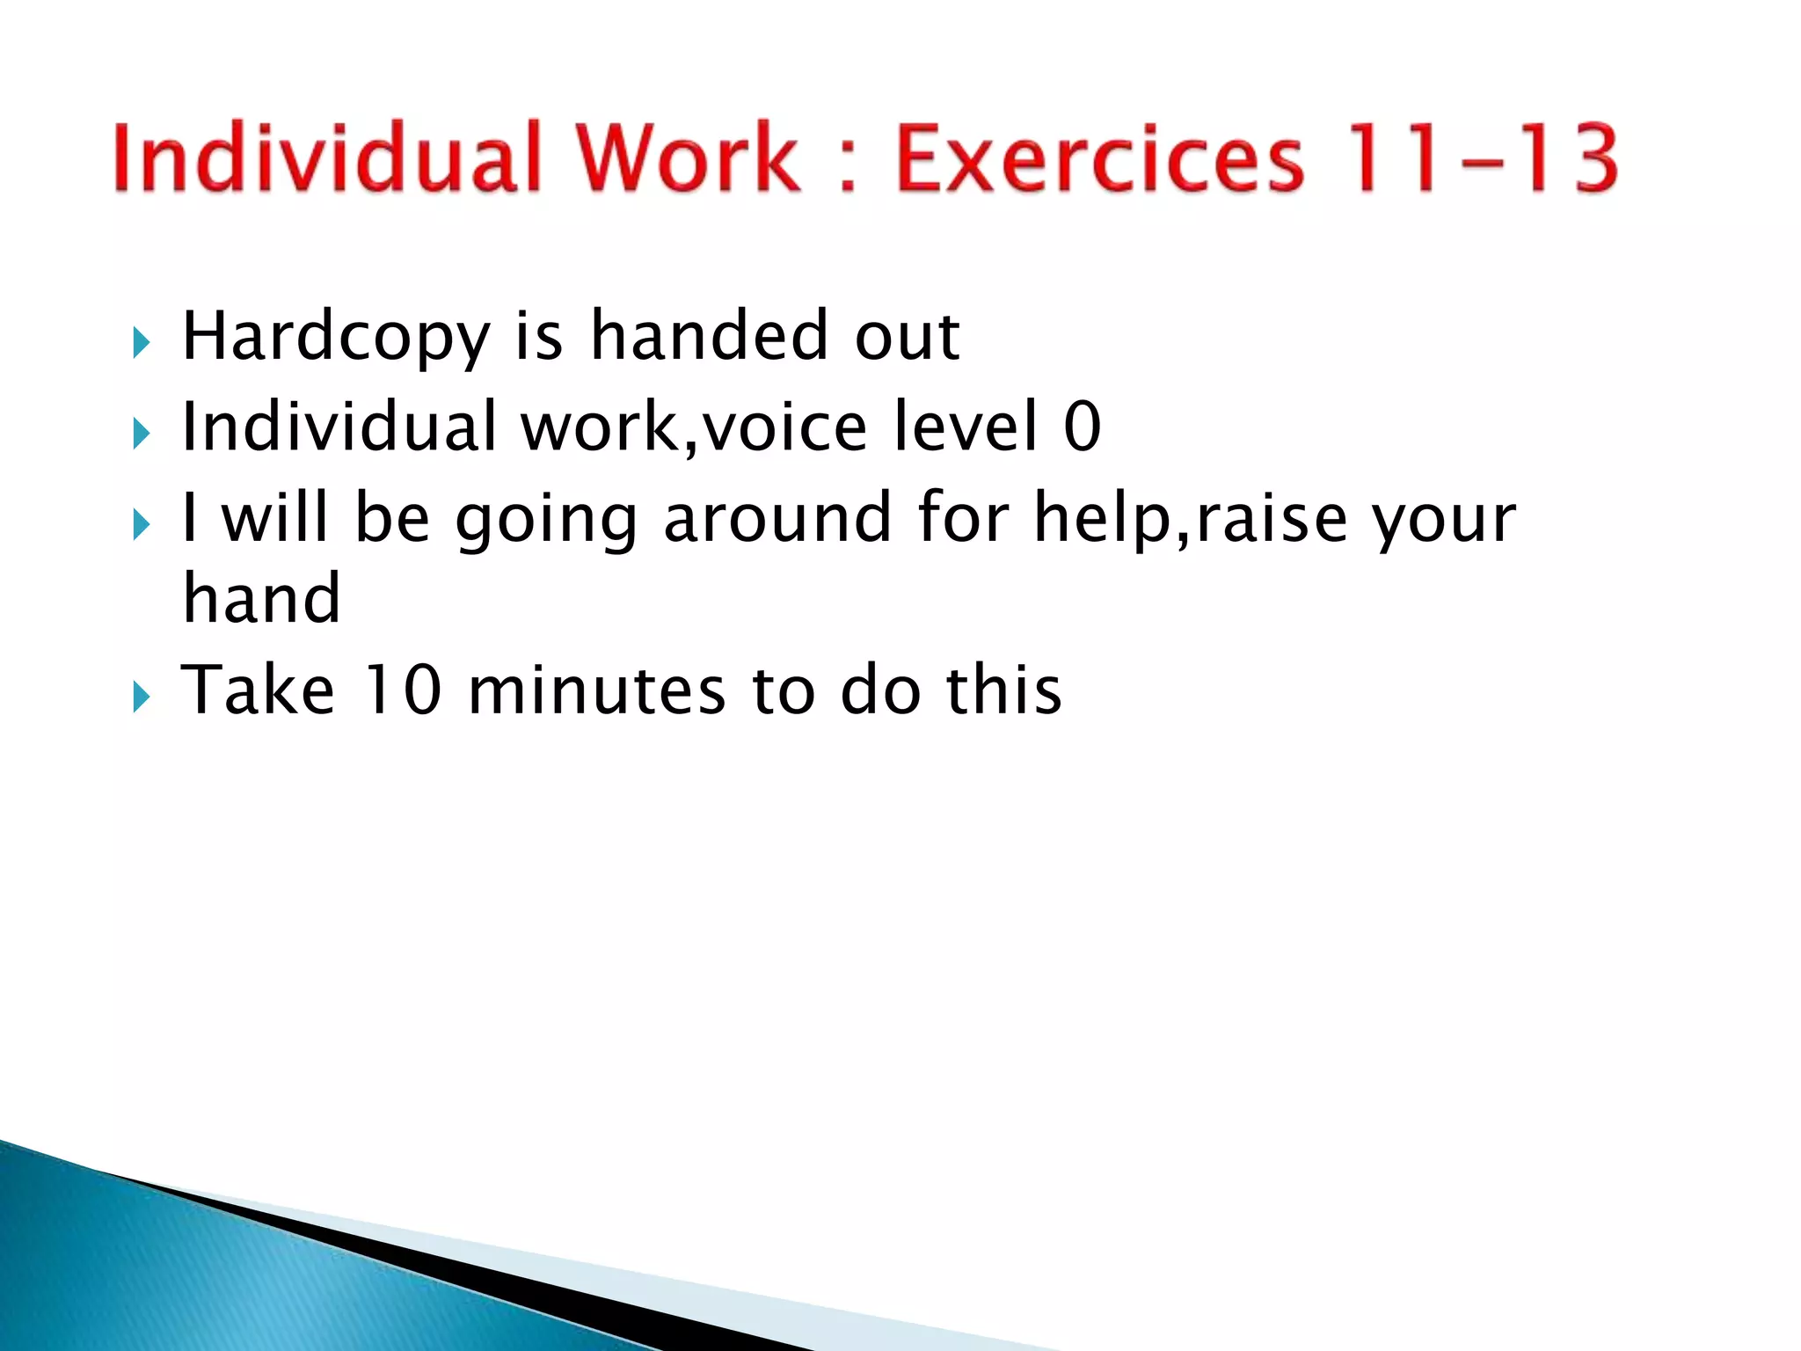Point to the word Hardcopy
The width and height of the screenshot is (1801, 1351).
pyautogui.click(x=335, y=339)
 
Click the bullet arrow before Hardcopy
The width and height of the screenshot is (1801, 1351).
pyautogui.click(x=141, y=342)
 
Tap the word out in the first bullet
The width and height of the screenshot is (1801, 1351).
pyautogui.click(x=907, y=338)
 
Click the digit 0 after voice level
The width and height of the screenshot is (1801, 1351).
pyautogui.click(x=1082, y=427)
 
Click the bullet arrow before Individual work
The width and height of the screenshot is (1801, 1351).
pyautogui.click(x=141, y=434)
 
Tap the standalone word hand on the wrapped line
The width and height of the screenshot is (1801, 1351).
pyautogui.click(x=261, y=598)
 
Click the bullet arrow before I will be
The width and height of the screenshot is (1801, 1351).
pyautogui.click(x=141, y=525)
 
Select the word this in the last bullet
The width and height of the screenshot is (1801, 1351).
pyautogui.click(x=1003, y=690)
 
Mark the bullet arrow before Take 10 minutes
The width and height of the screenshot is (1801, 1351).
pyautogui.click(x=141, y=697)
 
